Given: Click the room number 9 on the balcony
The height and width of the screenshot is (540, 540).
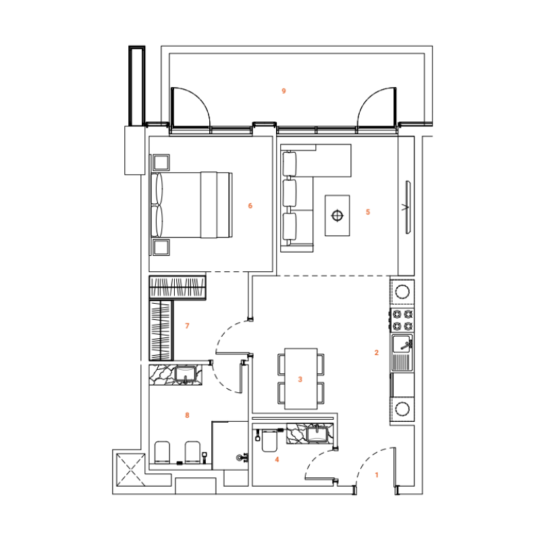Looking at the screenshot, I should tap(284, 90).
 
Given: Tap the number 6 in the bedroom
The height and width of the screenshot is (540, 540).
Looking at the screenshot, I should tap(250, 205).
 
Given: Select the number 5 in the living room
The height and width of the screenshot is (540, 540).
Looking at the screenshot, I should tap(368, 212).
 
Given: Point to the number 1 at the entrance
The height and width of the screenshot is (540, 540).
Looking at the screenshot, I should tap(377, 475).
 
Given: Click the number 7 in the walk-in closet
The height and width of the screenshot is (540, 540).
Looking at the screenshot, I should tap(187, 326).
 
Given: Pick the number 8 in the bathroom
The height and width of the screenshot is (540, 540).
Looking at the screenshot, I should tap(187, 415).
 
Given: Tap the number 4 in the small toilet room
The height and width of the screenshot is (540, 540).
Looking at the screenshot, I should tap(276, 460).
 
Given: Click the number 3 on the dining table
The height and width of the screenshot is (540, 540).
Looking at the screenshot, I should tap(300, 379).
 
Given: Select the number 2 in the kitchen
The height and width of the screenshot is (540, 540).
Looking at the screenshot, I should tap(377, 352).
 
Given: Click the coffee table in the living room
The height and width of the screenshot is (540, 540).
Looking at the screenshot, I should tap(337, 215).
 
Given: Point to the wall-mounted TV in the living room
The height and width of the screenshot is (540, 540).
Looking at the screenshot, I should tap(408, 207).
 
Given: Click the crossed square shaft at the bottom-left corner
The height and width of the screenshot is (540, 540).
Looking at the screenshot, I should tap(128, 469).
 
